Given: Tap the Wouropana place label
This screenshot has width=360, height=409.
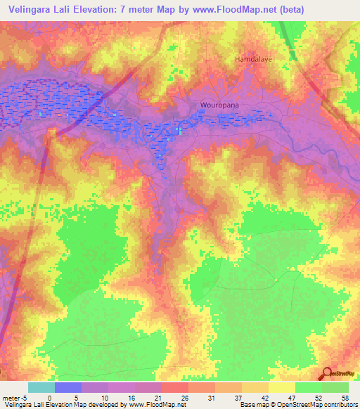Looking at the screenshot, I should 216,106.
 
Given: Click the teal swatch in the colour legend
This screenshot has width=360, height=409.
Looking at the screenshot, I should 41,387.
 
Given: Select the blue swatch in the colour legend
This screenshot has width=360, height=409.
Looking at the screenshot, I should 68,387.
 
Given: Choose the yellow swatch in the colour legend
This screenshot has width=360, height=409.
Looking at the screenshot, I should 281,387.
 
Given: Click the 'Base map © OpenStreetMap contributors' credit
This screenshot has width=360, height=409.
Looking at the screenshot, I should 298,405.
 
